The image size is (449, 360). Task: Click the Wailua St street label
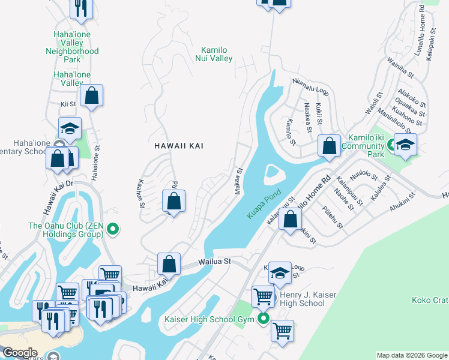[215, 262]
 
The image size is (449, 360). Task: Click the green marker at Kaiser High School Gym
[263, 319]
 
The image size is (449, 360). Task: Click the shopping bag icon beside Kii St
[91, 95]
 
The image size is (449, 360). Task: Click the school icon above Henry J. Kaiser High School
[280, 273]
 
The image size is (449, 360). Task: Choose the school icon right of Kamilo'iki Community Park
[405, 145]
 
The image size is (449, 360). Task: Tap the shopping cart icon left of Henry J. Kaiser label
[263, 296]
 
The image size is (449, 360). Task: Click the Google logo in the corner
[20, 353]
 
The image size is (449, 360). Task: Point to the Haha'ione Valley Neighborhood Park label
[72, 47]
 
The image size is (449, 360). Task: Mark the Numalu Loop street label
[311, 87]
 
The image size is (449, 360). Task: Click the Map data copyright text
[411, 355]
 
